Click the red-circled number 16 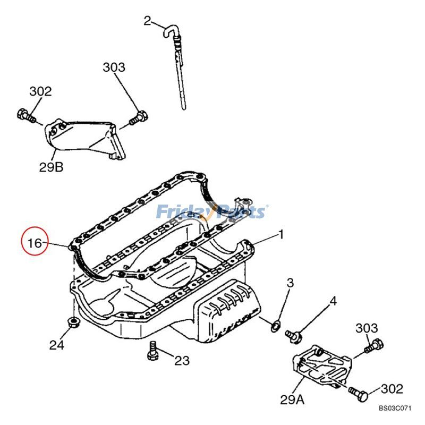coord(35,243)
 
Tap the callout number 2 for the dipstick coord(148,21)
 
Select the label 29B coord(51,167)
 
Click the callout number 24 coord(57,345)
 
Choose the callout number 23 coord(182,361)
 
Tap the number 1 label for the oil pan coord(281,234)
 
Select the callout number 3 coord(290,283)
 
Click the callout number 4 coord(333,301)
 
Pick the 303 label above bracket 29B coord(114,67)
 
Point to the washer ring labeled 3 coord(276,325)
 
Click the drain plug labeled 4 coord(293,335)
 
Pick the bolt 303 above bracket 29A coord(375,346)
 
